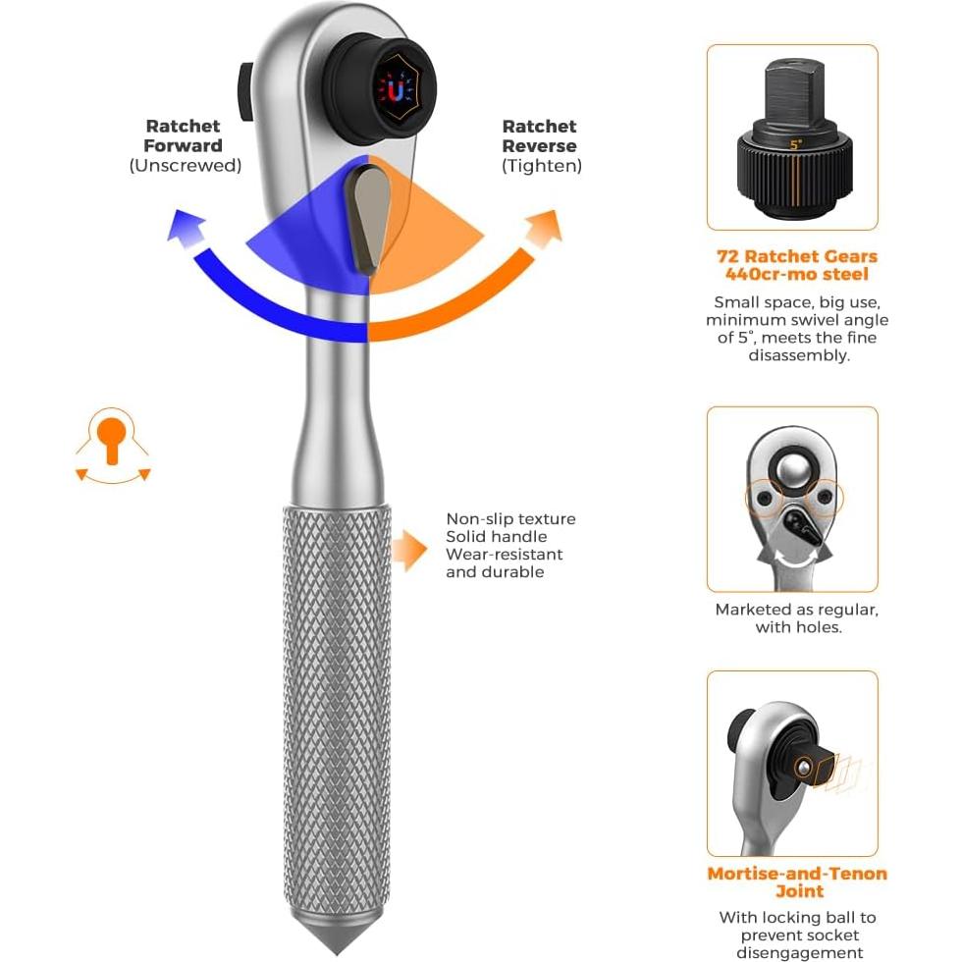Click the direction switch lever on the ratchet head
click(368, 220)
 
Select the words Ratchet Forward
click(183, 135)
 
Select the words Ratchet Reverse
click(539, 135)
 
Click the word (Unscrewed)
click(186, 166)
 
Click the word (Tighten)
click(542, 166)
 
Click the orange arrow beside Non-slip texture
click(408, 550)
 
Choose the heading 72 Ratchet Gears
click(796, 256)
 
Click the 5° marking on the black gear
click(796, 145)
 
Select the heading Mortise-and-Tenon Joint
click(797, 882)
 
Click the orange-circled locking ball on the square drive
click(803, 767)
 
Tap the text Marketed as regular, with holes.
click(797, 617)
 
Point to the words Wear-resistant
click(504, 554)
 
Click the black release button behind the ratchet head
click(244, 92)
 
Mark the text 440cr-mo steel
click(797, 274)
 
